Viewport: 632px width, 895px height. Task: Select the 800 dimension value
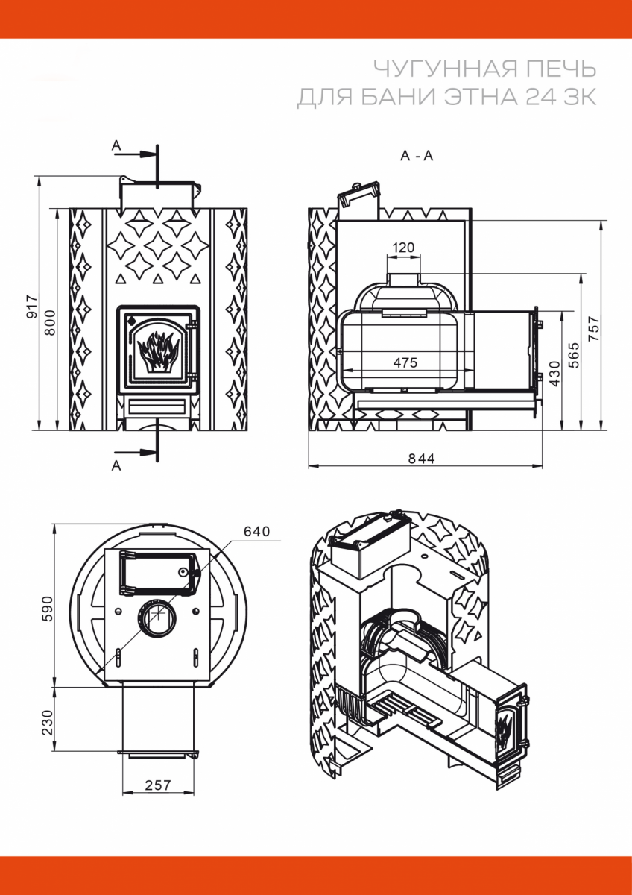click(x=49, y=321)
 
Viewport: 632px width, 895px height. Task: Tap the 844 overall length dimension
click(x=421, y=458)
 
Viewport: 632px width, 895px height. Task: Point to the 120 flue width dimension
click(x=402, y=248)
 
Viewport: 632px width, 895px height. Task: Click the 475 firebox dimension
click(x=405, y=362)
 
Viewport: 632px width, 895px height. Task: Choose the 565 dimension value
click(x=574, y=351)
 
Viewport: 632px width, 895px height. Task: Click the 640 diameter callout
click(x=256, y=531)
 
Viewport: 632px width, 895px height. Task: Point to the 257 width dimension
click(x=158, y=785)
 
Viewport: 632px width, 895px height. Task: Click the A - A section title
click(x=417, y=156)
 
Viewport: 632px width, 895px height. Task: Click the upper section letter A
click(x=116, y=145)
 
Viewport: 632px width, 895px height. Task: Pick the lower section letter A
click(x=116, y=465)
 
